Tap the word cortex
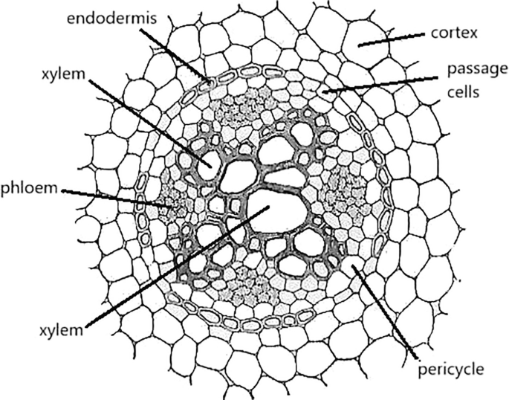pyautogui.click(x=455, y=34)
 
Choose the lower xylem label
pyautogui.click(x=60, y=330)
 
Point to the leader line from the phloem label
pyautogui.click(x=111, y=195)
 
